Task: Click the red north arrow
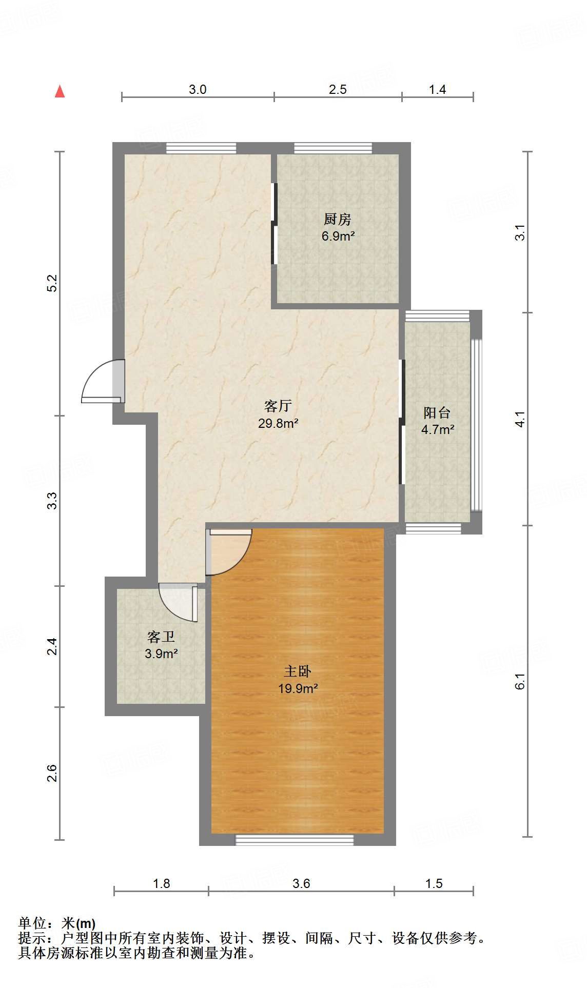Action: coord(60,91)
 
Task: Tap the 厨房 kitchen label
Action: coord(338,220)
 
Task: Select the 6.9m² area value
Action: coord(338,236)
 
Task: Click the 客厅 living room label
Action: coord(278,406)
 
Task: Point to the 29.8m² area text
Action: coord(278,423)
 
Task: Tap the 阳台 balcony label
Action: coord(437,413)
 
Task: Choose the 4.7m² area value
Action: coord(438,429)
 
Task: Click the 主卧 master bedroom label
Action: coord(298,671)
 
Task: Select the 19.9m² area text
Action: coord(298,688)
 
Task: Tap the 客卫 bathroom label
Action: coord(161,637)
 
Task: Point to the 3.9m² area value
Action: coord(161,654)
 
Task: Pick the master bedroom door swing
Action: coord(229,551)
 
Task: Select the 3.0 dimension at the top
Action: coord(198,89)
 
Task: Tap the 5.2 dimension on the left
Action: coord(52,284)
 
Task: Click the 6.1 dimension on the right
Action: coord(520,681)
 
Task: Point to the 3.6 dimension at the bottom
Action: coord(301,883)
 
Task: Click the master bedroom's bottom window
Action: coord(295,840)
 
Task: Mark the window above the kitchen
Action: coord(333,148)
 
